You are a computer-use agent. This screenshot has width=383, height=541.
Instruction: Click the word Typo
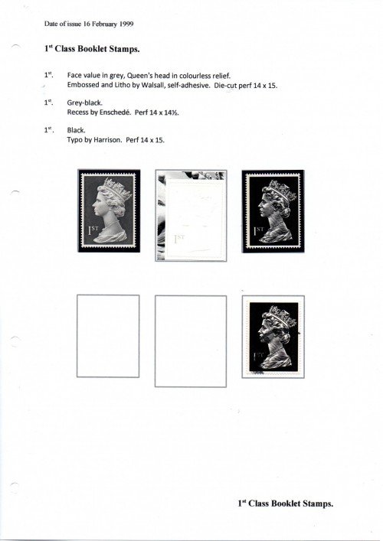pyautogui.click(x=75, y=139)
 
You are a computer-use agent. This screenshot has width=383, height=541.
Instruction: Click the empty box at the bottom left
pyautogui.click(x=109, y=341)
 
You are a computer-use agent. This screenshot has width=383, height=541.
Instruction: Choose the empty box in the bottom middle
pyautogui.click(x=191, y=341)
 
